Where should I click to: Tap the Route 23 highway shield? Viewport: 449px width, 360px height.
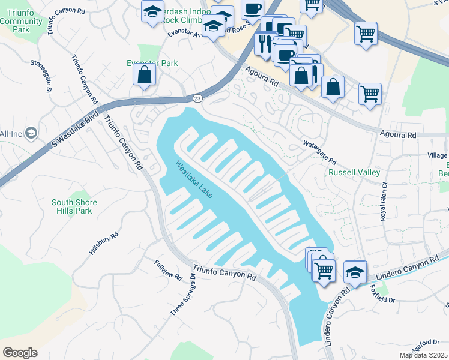(197, 98)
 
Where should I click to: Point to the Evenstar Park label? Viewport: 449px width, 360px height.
(152, 63)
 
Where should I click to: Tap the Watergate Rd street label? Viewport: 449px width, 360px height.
(319, 154)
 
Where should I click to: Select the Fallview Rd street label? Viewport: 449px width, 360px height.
(167, 269)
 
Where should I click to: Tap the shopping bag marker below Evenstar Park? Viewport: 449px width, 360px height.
(144, 75)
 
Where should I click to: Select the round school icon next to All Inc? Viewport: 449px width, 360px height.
(31, 133)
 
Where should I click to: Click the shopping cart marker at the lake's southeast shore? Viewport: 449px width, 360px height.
(324, 269)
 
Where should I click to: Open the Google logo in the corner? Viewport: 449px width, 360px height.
(20, 352)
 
